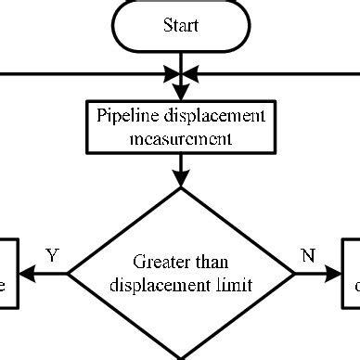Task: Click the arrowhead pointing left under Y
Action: (x=27, y=275)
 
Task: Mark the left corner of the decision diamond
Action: (x=71, y=275)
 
